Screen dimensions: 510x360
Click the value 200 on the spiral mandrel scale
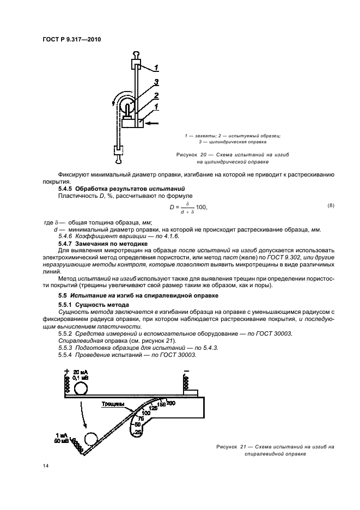pos(170,403)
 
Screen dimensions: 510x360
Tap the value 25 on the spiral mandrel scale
pos(138,432)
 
